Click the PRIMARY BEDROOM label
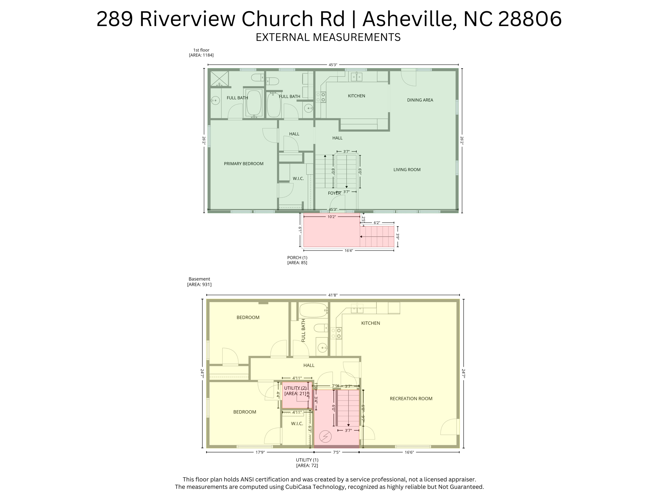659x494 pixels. click(x=244, y=164)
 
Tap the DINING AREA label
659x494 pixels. click(x=420, y=100)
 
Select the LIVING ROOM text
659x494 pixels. click(x=407, y=169)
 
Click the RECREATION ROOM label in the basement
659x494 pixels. click(x=411, y=398)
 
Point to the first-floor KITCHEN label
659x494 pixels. click(x=357, y=96)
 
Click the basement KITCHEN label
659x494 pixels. click(x=370, y=323)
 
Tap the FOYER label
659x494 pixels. click(x=334, y=193)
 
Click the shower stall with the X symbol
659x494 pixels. click(x=219, y=78)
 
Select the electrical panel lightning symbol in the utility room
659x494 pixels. click(x=325, y=436)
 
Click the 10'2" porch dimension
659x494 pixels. click(x=331, y=217)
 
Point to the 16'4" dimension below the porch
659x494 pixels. click(x=348, y=251)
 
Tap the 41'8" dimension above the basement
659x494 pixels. click(x=333, y=295)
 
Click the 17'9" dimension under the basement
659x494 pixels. click(x=260, y=452)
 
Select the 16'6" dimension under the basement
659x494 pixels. click(x=409, y=452)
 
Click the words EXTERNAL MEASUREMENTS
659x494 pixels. click(x=328, y=37)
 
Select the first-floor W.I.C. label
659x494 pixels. click(x=298, y=178)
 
